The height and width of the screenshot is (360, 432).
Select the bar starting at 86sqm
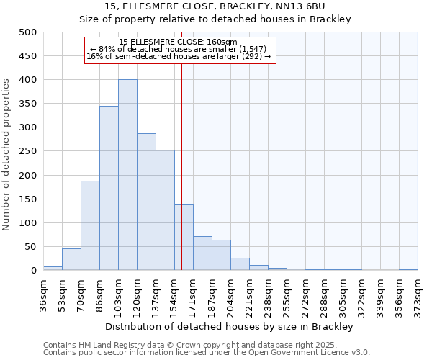(x=109, y=189)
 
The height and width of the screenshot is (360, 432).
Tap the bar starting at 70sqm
(x=90, y=225)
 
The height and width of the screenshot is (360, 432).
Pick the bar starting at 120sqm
(x=146, y=202)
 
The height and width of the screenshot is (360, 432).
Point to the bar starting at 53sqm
(x=71, y=260)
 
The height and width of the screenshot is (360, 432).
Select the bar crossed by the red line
(x=184, y=238)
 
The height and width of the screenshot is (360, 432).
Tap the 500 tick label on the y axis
(x=28, y=32)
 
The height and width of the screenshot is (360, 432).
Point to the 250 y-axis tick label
(x=28, y=152)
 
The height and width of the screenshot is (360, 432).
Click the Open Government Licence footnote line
(x=207, y=353)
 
